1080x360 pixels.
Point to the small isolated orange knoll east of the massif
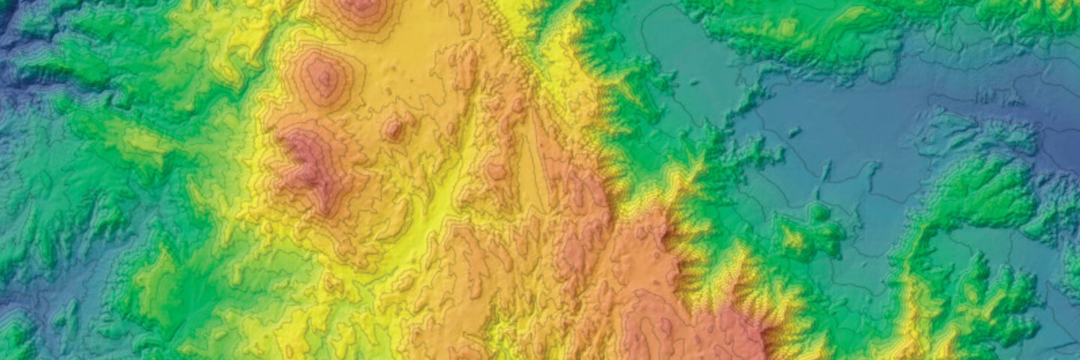click(392, 127)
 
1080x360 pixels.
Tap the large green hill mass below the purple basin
click(982, 195)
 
